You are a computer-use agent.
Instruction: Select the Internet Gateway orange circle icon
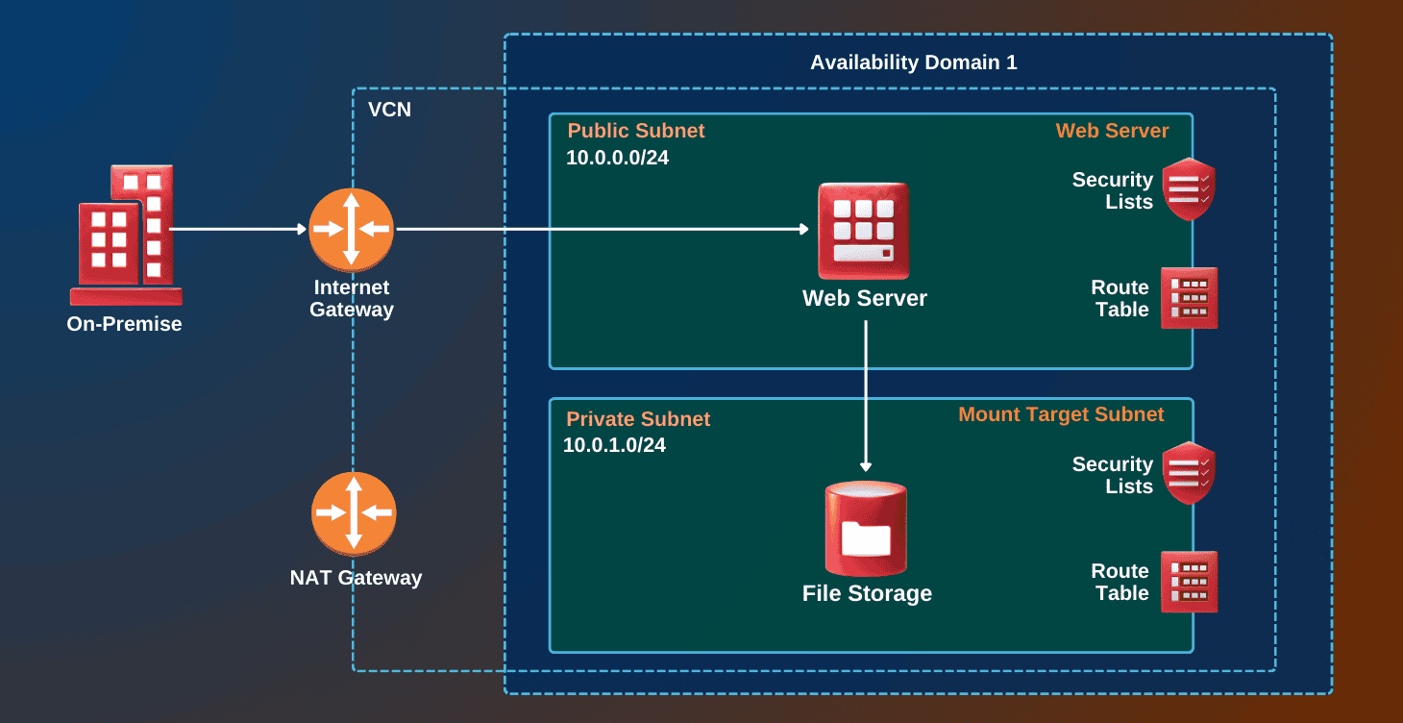pyautogui.click(x=351, y=229)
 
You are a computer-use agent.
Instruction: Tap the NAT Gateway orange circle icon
pyautogui.click(x=353, y=513)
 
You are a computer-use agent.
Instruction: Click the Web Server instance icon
pyautogui.click(x=863, y=231)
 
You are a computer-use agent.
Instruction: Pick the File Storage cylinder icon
pyautogui.click(x=866, y=528)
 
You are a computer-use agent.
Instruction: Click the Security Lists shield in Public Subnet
pyautogui.click(x=1189, y=189)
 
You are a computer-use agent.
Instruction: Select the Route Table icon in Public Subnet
pyautogui.click(x=1189, y=298)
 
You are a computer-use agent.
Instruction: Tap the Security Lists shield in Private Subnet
pyautogui.click(x=1189, y=473)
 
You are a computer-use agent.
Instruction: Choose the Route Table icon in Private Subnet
pyautogui.click(x=1189, y=582)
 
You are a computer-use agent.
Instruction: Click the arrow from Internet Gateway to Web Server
pyautogui.click(x=602, y=229)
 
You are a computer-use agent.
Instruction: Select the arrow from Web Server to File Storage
pyautogui.click(x=866, y=394)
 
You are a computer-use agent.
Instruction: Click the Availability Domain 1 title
pyautogui.click(x=913, y=62)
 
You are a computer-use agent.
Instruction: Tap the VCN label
pyautogui.click(x=389, y=110)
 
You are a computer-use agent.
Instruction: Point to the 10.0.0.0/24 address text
pyautogui.click(x=617, y=158)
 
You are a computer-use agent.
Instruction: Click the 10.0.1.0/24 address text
pyautogui.click(x=614, y=445)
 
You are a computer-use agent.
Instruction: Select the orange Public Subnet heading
pyautogui.click(x=635, y=131)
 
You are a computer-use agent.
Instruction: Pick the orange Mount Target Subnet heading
pyautogui.click(x=1061, y=414)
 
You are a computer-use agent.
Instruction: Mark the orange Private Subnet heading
pyautogui.click(x=638, y=419)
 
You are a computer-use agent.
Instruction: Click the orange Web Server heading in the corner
pyautogui.click(x=1112, y=131)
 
